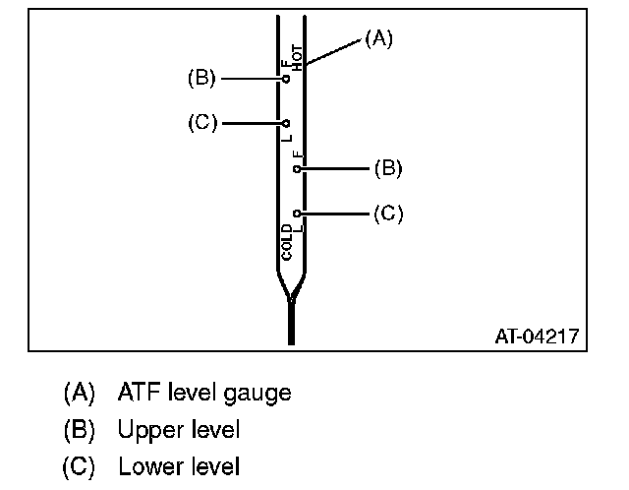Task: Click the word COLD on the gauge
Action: point(287,241)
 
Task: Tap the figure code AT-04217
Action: point(536,337)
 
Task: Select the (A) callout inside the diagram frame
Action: point(378,38)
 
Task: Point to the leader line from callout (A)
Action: point(334,51)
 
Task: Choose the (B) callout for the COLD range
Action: point(388,168)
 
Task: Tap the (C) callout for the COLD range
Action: point(388,213)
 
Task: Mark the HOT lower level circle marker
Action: point(286,124)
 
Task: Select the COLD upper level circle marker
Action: point(297,168)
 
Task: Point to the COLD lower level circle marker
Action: point(297,213)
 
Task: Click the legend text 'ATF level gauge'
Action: point(204,393)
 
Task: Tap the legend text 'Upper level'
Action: point(178,430)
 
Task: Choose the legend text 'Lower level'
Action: point(178,466)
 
